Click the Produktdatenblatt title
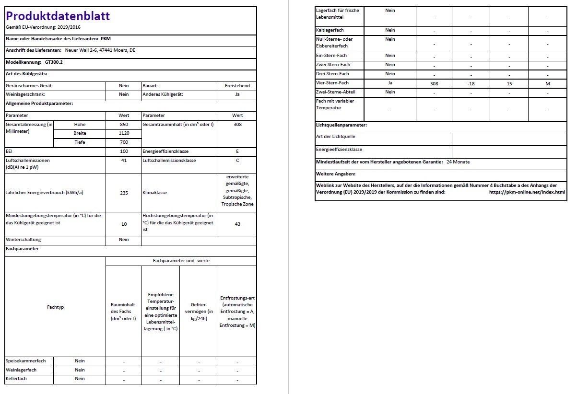(58, 16)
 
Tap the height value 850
(124, 124)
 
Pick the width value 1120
(124, 133)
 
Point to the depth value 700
(124, 142)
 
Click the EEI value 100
(124, 151)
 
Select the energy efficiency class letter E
(237, 151)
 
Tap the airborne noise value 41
(124, 161)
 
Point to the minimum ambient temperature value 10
(124, 224)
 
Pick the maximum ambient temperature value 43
(237, 224)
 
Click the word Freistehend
(237, 86)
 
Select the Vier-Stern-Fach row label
(332, 83)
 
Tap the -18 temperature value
(471, 83)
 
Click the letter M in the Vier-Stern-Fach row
(547, 83)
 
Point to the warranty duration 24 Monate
(458, 162)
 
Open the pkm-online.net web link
(527, 192)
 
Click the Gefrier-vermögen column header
(199, 311)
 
